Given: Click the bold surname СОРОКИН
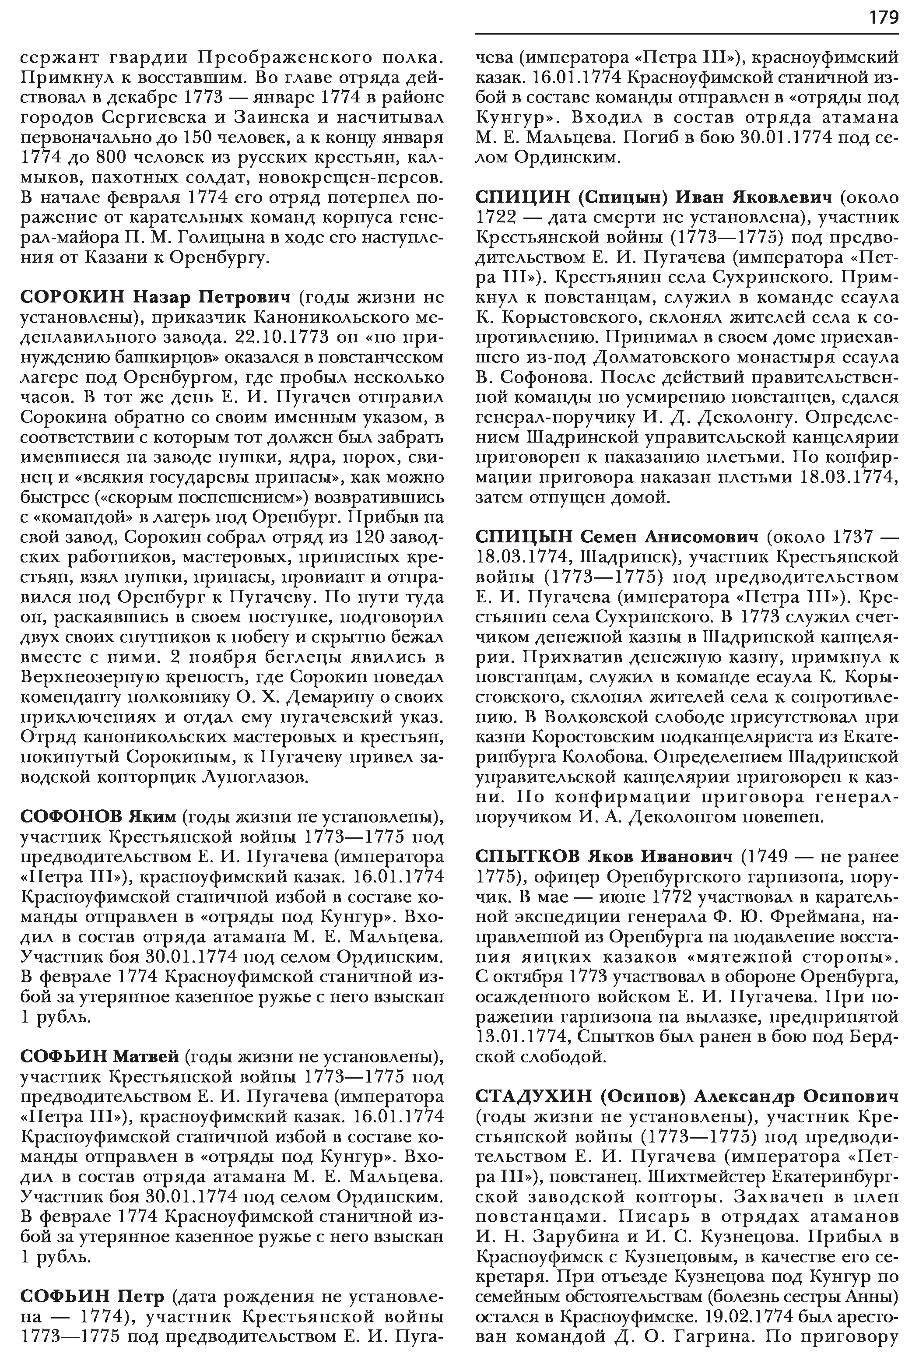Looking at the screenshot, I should click(x=71, y=297).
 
